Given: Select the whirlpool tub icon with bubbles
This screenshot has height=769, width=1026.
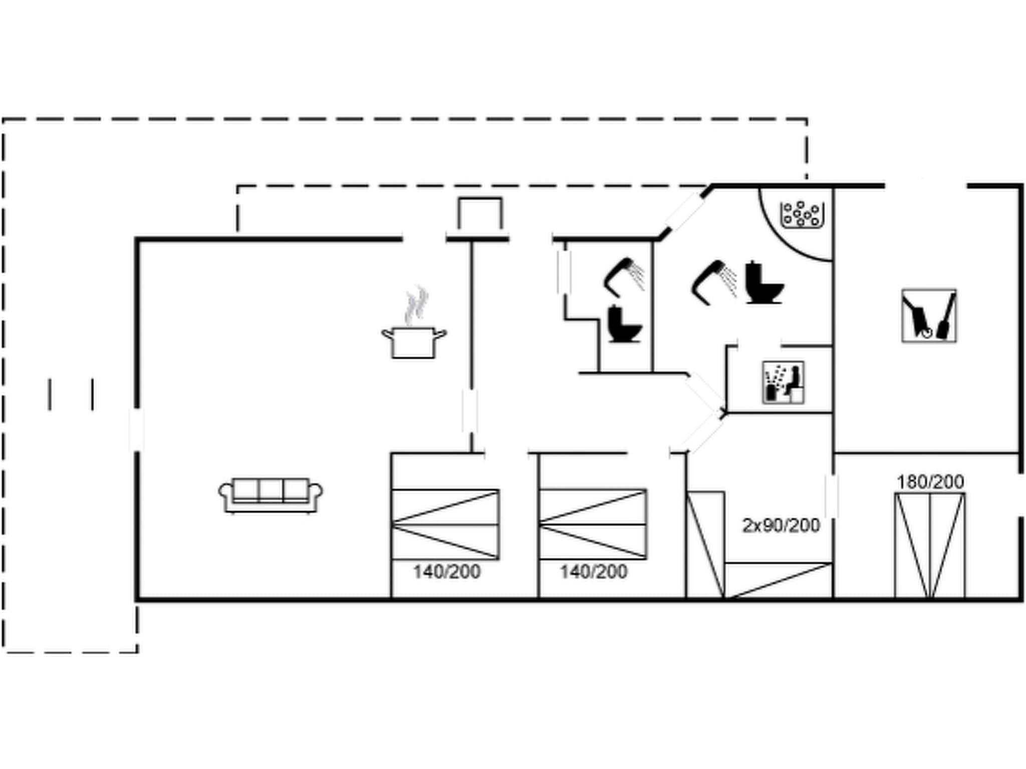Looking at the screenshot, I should [x=802, y=214].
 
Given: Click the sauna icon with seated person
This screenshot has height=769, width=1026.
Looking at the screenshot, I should [x=783, y=382].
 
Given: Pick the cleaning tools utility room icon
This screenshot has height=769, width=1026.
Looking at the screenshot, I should [x=928, y=316].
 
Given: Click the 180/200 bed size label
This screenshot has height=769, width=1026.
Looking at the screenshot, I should [x=930, y=482].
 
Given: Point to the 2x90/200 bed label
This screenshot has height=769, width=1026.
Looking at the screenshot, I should [x=781, y=525].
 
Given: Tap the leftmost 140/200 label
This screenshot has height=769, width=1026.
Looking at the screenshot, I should [x=446, y=571].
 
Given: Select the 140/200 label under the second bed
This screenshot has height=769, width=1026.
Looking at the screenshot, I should [x=593, y=571].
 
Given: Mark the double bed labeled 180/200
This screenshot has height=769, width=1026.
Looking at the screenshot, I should [x=930, y=546].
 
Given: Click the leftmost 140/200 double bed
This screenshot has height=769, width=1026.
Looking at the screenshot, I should [x=445, y=524].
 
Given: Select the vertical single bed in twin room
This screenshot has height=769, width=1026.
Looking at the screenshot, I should [x=705, y=545].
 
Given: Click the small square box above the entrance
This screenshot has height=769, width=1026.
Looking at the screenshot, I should [x=479, y=213].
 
